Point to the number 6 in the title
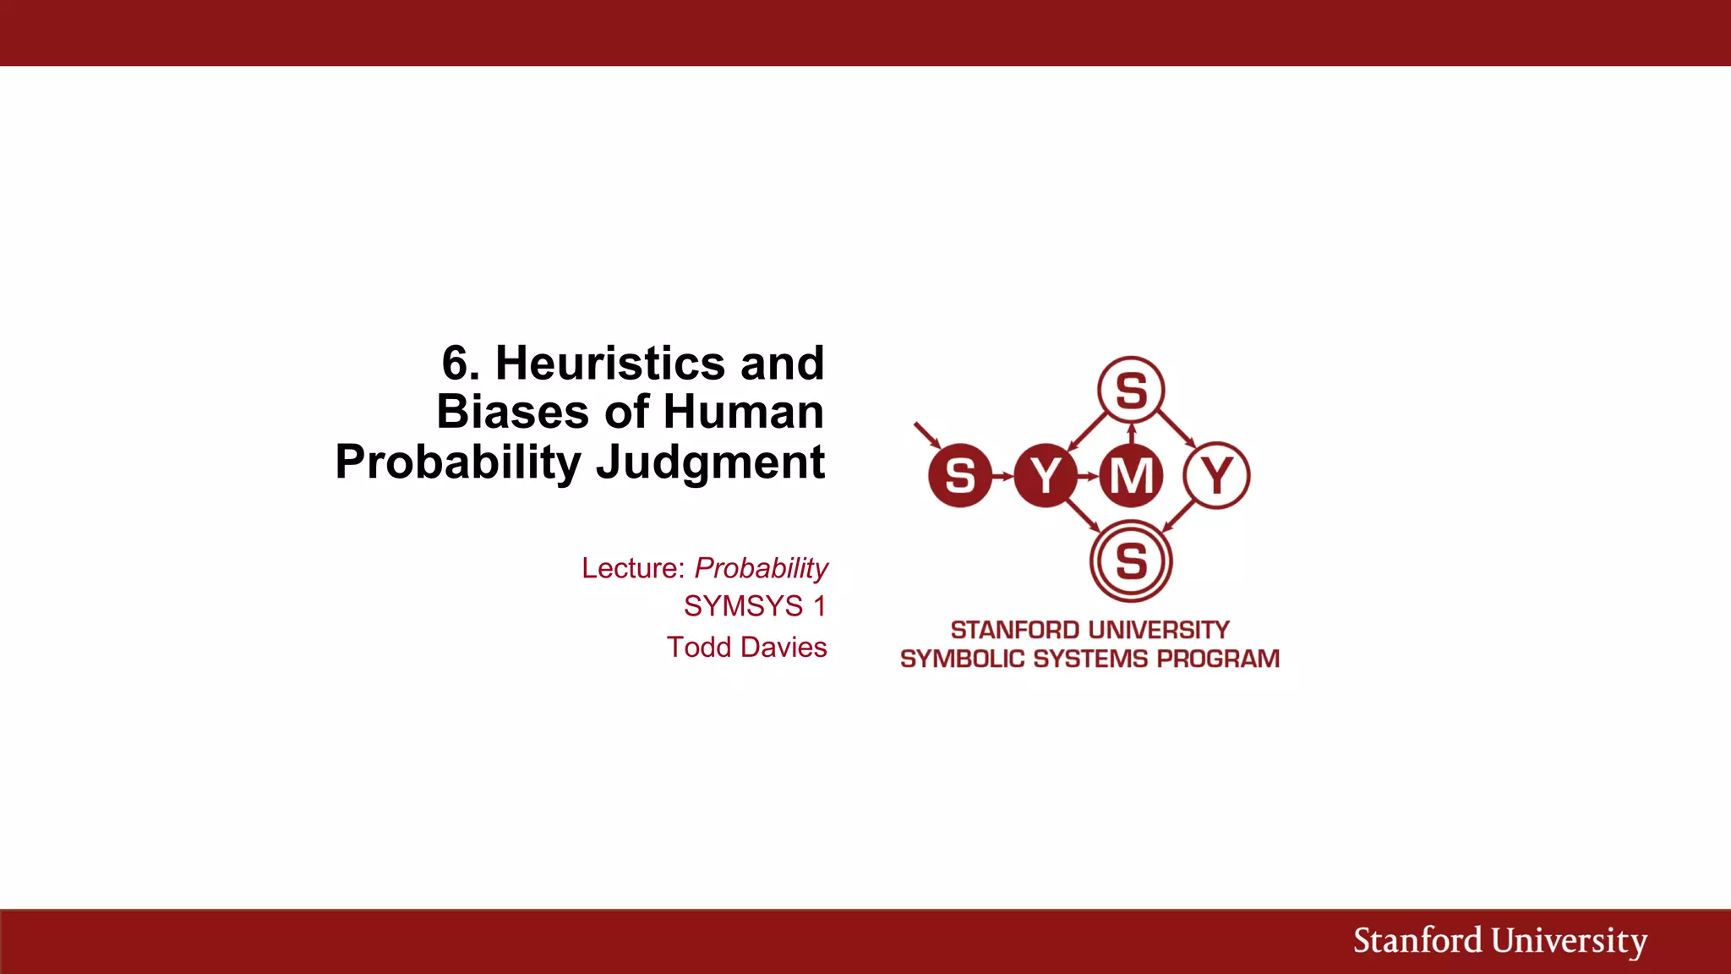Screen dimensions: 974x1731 (455, 364)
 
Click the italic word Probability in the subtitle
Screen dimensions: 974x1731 (761, 568)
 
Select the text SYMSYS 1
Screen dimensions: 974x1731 (755, 606)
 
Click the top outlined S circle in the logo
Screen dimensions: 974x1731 (1131, 391)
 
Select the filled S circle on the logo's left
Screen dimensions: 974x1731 (959, 475)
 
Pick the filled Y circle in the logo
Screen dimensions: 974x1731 (1046, 475)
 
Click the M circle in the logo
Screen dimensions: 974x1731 (1131, 475)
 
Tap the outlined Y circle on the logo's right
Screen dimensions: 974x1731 (1217, 475)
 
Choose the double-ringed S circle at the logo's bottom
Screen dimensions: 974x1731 (1131, 561)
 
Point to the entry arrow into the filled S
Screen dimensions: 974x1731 (927, 435)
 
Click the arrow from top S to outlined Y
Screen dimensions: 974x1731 (1176, 429)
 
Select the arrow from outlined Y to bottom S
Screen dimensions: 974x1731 (1179, 515)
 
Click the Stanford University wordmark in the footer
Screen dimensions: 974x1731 (1499, 941)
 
